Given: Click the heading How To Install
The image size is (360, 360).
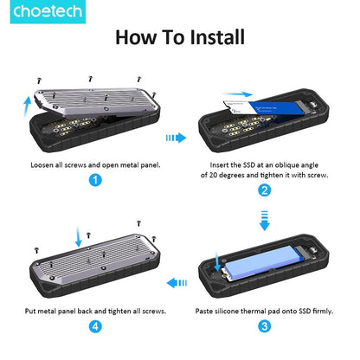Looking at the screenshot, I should (180, 37).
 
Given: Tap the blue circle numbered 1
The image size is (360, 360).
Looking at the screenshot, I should (95, 180).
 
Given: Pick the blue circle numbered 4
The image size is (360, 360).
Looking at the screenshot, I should (95, 327).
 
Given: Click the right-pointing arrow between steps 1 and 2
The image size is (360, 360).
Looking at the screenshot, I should (176, 136).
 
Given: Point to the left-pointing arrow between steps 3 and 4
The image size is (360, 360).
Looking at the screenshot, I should (177, 281).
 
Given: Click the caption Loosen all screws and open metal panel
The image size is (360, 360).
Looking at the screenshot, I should (94, 164).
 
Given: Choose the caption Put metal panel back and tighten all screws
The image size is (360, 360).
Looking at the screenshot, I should (94, 310).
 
